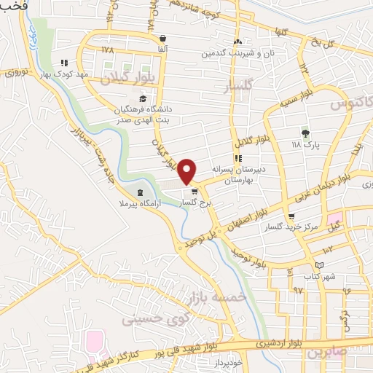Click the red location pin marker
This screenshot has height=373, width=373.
(x=187, y=170)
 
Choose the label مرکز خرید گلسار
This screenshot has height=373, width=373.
(x=292, y=227)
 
